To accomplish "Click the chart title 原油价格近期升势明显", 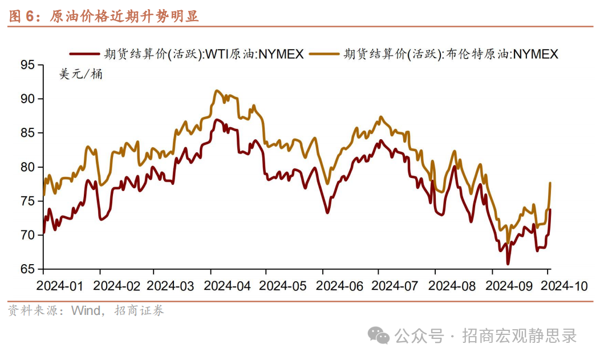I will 124,16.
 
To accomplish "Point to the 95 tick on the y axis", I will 27,65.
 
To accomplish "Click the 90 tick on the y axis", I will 27,99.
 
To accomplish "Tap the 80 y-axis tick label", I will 27,167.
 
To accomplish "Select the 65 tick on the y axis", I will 27,269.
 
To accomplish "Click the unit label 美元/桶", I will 81,74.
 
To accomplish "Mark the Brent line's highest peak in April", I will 216,90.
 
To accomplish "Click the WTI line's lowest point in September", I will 508,264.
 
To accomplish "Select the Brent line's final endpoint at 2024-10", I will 550,183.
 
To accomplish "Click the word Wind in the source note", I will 84,311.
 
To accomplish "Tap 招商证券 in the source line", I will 139,311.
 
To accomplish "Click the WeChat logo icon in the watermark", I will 378,335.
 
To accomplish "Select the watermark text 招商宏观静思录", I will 519,335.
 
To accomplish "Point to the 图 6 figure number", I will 22,16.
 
